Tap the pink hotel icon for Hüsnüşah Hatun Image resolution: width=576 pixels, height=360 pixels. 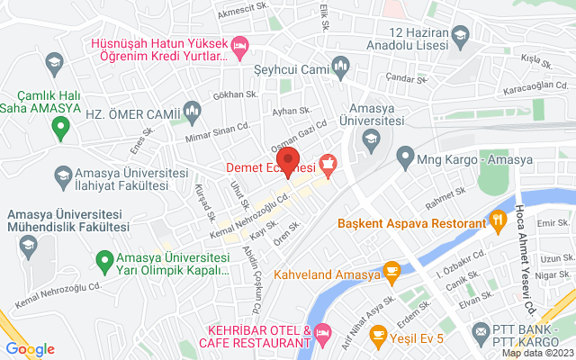(x=239, y=43)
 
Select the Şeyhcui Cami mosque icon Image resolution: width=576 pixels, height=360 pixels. (x=340, y=66)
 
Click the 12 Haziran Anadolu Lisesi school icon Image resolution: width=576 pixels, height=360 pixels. (x=460, y=36)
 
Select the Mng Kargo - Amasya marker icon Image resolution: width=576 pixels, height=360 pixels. (x=406, y=160)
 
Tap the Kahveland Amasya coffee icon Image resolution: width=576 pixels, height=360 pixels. (x=391, y=270)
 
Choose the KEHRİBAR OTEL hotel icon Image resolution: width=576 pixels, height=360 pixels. (x=322, y=337)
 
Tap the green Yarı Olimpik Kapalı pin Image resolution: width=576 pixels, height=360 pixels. (x=103, y=264)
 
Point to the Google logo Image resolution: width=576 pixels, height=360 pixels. (x=30, y=349)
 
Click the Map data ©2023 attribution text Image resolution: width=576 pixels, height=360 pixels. (x=537, y=353)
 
